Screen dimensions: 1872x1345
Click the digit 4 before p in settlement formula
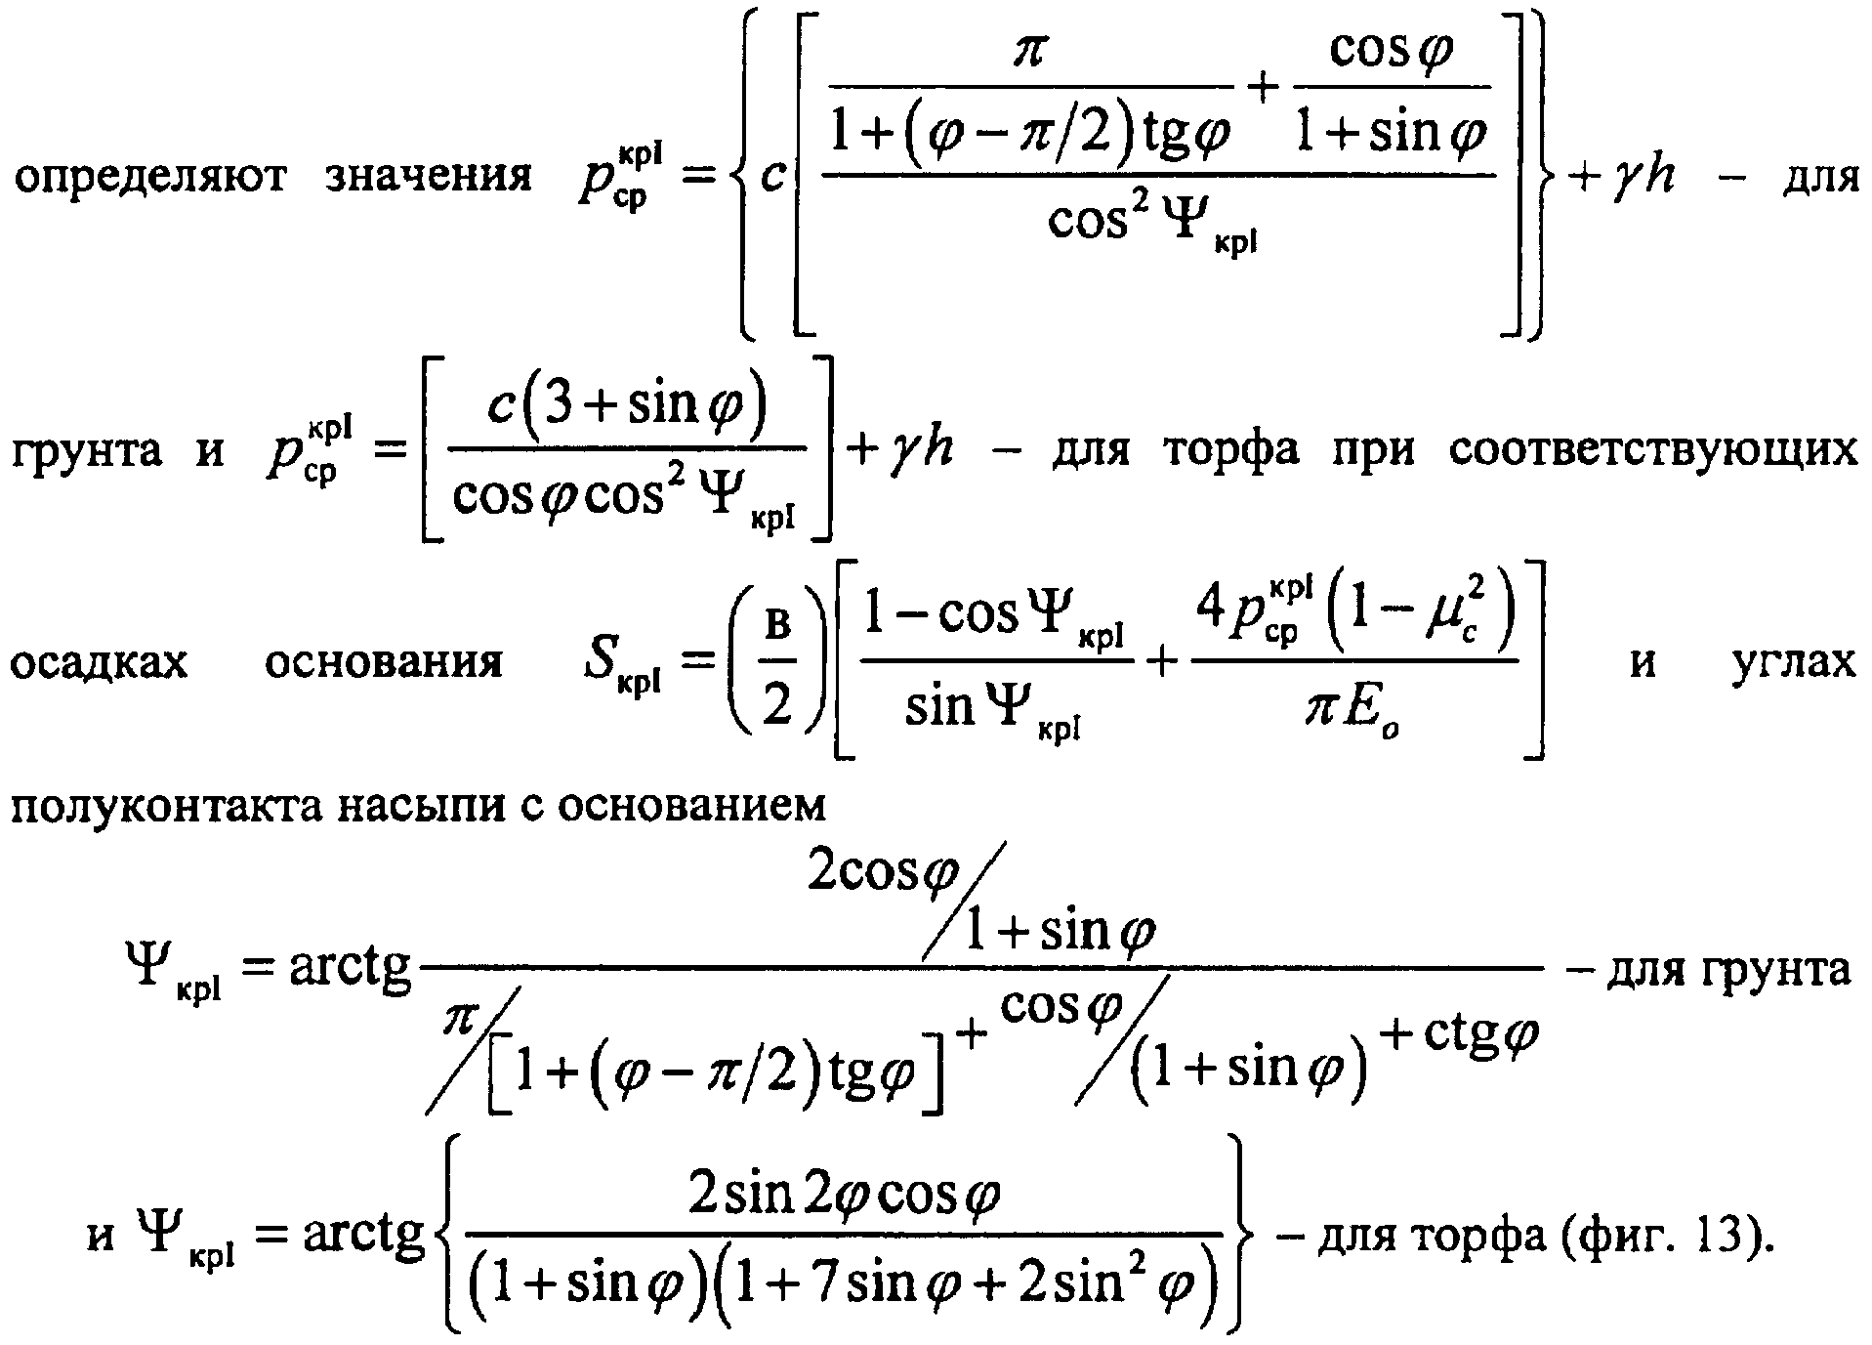tap(1212, 613)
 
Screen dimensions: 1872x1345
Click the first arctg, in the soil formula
tap(351, 973)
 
